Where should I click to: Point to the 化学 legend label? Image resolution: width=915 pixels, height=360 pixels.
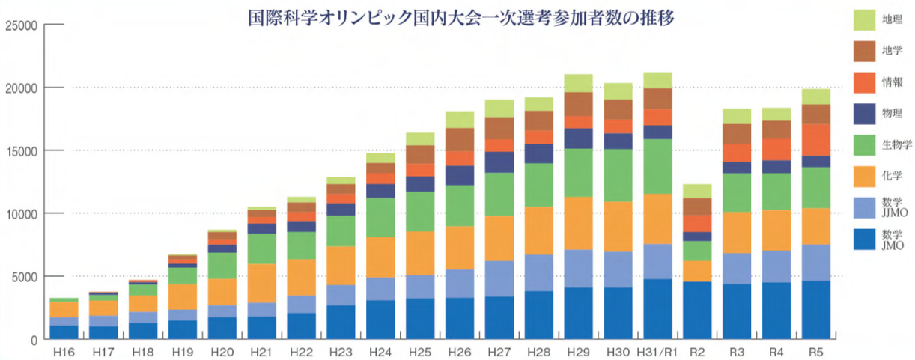pos(892,176)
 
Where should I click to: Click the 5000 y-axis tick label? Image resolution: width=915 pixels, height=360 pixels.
pos(23,277)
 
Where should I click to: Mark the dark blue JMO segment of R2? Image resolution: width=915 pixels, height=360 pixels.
pos(697,310)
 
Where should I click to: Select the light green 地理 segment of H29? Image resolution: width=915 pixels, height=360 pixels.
pos(578,82)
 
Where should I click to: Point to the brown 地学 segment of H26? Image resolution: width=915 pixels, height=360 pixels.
pos(460,139)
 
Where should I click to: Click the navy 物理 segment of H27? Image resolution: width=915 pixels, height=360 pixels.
pos(499,162)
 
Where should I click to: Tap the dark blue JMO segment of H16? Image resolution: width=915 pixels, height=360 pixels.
pos(64,332)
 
